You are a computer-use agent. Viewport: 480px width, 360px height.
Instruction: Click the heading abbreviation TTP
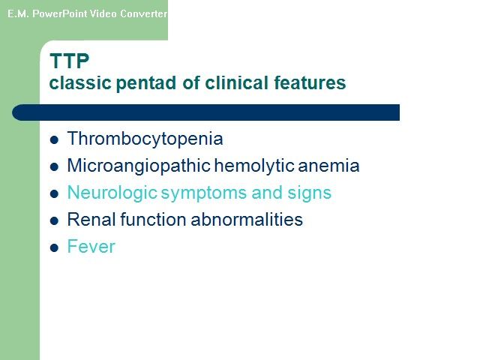(x=70, y=61)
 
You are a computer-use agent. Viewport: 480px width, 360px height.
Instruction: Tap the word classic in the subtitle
(x=80, y=82)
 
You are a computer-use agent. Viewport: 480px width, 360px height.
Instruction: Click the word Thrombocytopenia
(x=145, y=139)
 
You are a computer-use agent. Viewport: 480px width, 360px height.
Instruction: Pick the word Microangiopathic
(x=139, y=166)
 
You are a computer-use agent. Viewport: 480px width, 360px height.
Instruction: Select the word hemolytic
(x=254, y=166)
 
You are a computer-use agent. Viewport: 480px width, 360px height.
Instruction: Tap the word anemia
(x=328, y=166)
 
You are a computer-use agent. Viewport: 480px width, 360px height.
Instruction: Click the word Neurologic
(x=112, y=193)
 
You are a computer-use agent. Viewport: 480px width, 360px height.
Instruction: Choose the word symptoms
(x=204, y=193)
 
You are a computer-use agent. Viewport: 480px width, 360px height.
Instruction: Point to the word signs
(x=309, y=193)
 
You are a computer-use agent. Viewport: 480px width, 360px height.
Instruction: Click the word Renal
(x=91, y=220)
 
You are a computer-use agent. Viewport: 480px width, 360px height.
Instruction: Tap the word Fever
(x=91, y=247)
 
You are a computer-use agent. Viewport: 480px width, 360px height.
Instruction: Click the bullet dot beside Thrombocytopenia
(x=54, y=140)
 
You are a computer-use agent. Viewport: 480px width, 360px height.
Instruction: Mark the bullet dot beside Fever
(x=54, y=247)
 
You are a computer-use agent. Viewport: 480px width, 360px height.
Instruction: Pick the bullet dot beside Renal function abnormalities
(x=54, y=220)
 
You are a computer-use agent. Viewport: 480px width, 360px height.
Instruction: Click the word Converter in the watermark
(x=143, y=13)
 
